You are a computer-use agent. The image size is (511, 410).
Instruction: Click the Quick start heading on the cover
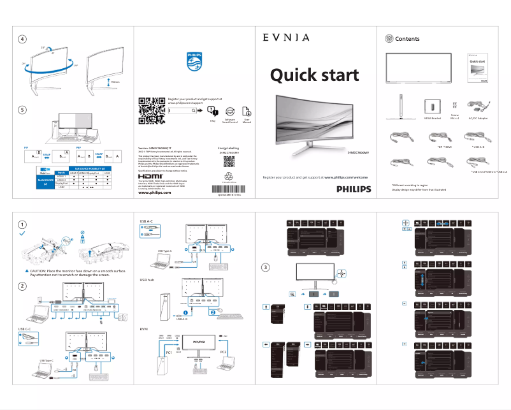pyautogui.click(x=314, y=75)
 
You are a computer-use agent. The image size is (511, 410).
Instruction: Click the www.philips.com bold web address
pyautogui.click(x=155, y=193)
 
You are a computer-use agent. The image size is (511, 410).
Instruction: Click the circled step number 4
pyautogui.click(x=23, y=40)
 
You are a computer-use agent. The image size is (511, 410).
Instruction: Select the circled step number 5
pyautogui.click(x=23, y=110)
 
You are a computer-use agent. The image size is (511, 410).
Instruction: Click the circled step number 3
pyautogui.click(x=266, y=267)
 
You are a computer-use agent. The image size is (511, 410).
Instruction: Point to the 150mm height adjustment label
pyautogui.click(x=115, y=82)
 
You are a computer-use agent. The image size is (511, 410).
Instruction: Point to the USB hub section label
pyautogui.click(x=147, y=280)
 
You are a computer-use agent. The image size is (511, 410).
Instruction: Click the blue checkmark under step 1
pyautogui.click(x=23, y=235)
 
